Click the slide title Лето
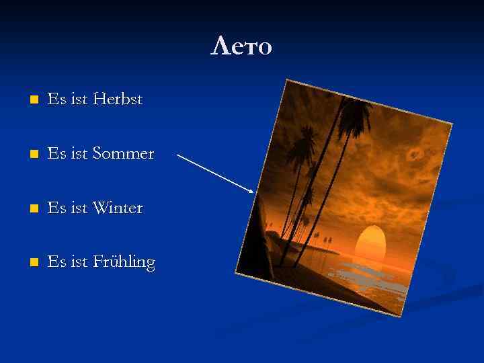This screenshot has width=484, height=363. [241, 46]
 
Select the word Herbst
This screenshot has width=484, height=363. [118, 99]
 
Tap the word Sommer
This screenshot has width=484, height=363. [124, 154]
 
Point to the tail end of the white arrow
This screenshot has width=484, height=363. [178, 155]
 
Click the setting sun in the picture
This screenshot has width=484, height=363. [369, 245]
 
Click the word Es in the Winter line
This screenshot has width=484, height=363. [57, 208]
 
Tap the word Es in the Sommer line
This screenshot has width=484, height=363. [57, 154]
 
